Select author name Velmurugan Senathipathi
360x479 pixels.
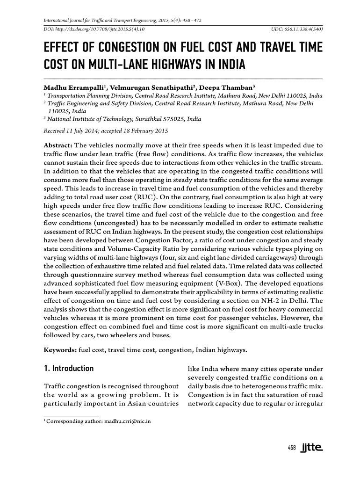pos(155,87)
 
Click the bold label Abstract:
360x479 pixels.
pos(58,145)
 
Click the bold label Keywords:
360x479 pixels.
pos(60,349)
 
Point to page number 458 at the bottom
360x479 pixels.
pos(292,448)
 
